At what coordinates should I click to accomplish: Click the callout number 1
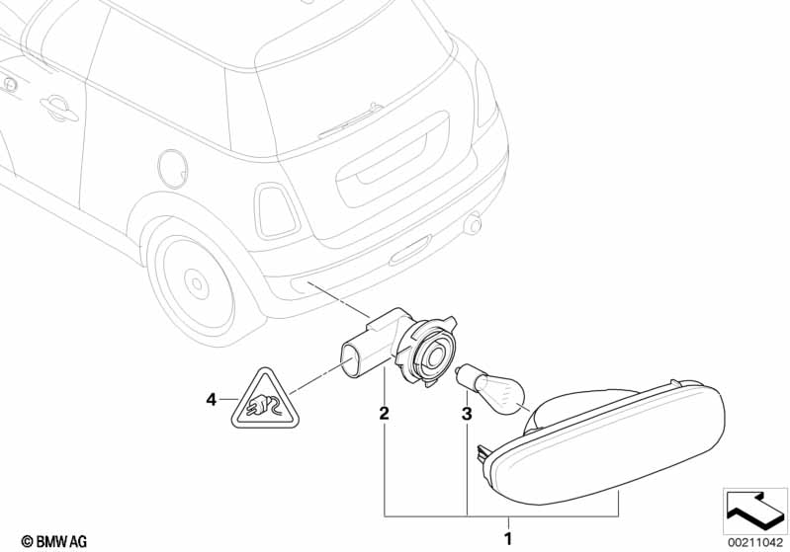(508, 538)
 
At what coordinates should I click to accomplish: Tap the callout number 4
(210, 400)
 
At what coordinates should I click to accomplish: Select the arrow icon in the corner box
(754, 510)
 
